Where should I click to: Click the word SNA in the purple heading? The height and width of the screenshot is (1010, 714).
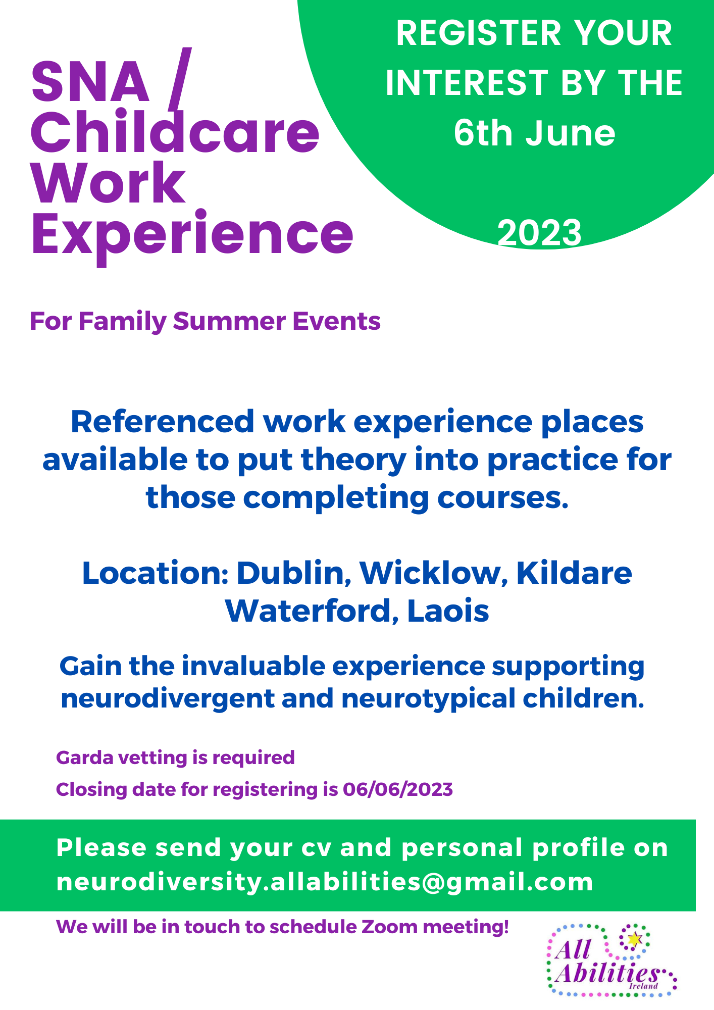[x=90, y=81]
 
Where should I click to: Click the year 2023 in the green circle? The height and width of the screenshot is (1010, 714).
[x=539, y=233]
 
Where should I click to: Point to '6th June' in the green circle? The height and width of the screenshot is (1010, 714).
[x=534, y=133]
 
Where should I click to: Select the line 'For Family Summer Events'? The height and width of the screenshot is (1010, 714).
[x=205, y=322]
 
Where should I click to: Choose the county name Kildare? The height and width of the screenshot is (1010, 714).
[x=574, y=573]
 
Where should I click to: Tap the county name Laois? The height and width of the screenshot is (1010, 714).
[x=448, y=611]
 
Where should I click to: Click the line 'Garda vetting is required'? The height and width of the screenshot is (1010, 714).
[x=175, y=757]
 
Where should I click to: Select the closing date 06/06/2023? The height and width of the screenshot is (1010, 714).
[x=398, y=789]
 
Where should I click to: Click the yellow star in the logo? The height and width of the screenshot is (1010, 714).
[x=634, y=939]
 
